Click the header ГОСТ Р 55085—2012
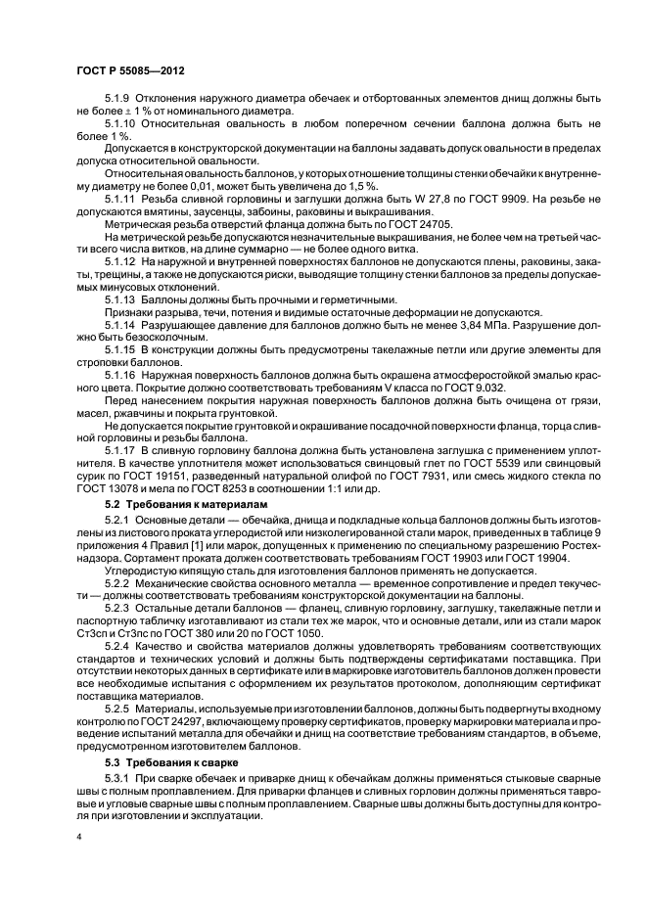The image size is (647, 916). point(130,70)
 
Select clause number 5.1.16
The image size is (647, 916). point(121,376)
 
